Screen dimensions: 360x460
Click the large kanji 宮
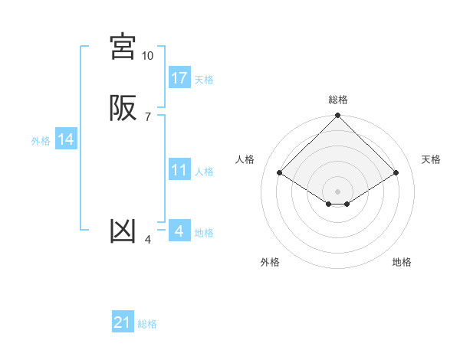pyautogui.click(x=123, y=47)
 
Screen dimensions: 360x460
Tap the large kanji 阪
pyautogui.click(x=123, y=108)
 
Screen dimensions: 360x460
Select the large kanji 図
pyautogui.click(x=123, y=231)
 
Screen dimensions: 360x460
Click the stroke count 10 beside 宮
pyautogui.click(x=147, y=56)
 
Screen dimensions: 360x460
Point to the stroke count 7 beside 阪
pyautogui.click(x=147, y=117)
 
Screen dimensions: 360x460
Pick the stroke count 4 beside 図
pyautogui.click(x=147, y=240)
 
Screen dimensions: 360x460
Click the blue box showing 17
pyautogui.click(x=179, y=78)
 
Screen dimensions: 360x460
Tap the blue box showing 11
pyautogui.click(x=179, y=170)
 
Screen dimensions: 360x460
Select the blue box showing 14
pyautogui.click(x=66, y=139)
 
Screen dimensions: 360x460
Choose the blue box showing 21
pyautogui.click(x=123, y=323)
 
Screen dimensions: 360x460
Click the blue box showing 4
pyautogui.click(x=179, y=231)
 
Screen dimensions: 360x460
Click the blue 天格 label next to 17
pyautogui.click(x=204, y=80)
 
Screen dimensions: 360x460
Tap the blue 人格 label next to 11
pyautogui.click(x=204, y=172)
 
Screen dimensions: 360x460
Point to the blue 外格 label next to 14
pyautogui.click(x=41, y=141)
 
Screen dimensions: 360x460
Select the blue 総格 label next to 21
pyautogui.click(x=147, y=325)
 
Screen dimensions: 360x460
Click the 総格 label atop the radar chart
pyautogui.click(x=338, y=100)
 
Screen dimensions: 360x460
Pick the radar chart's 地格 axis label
pyautogui.click(x=402, y=263)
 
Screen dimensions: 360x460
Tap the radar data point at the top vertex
pyautogui.click(x=338, y=116)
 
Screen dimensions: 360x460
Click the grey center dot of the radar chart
pyautogui.click(x=338, y=191)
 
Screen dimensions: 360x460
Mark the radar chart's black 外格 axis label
pyautogui.click(x=270, y=263)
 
